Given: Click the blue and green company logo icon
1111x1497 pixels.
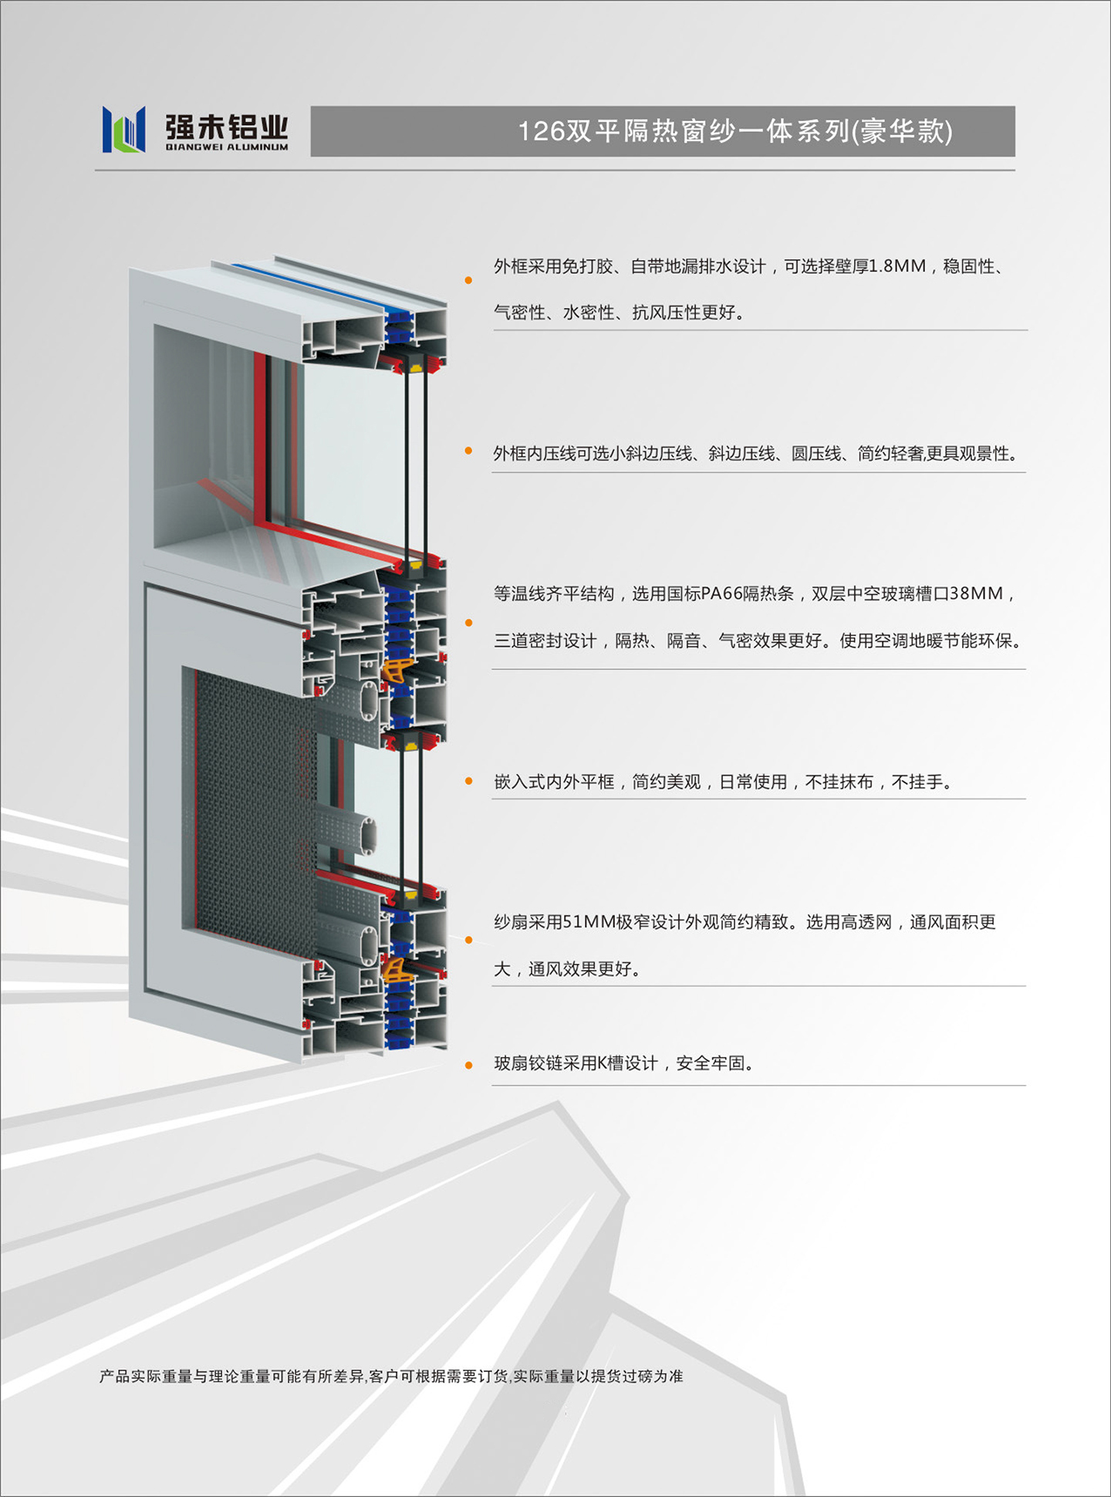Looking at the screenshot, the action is coord(123,130).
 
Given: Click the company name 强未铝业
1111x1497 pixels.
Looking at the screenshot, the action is coord(227,127).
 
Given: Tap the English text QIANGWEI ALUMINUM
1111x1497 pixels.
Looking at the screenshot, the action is coord(227,147).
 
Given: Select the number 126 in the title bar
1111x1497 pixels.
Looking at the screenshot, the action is coord(542,131).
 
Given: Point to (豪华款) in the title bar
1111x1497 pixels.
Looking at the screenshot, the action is coord(902,131).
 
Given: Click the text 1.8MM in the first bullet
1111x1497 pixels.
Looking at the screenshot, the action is coord(897,266).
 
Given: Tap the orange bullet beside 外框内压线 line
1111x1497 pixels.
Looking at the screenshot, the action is coord(468,451).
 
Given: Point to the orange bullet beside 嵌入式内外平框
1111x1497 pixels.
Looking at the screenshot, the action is coord(468,781).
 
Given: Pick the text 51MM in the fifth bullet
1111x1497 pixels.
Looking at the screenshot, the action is coord(589,922).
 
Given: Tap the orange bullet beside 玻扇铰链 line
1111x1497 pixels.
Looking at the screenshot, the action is coord(468,1065).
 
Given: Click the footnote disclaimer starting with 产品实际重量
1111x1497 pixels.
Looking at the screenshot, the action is coord(391,1377).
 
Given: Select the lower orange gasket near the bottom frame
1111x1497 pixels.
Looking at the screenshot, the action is coord(395,969).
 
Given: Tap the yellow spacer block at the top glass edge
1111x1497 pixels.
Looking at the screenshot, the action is coord(416,367).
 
